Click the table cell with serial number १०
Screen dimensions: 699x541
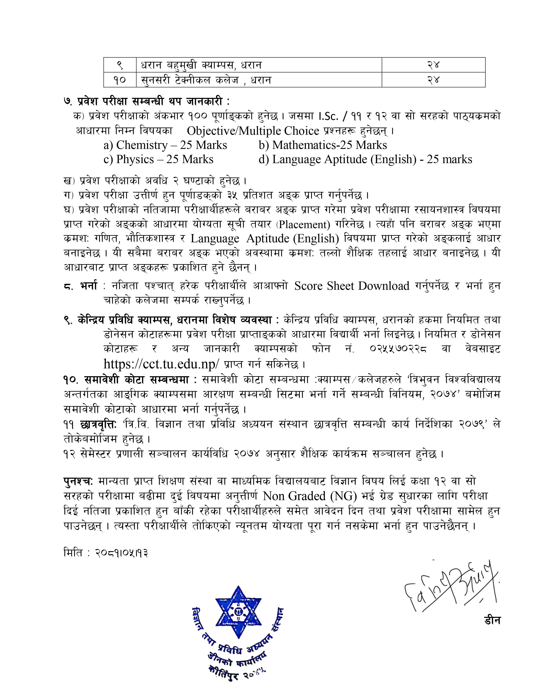coord(119,80)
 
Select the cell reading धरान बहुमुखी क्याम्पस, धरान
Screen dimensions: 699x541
coord(201,65)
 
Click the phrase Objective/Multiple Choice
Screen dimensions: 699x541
coord(253,131)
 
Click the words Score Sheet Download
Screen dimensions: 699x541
coord(352,286)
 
